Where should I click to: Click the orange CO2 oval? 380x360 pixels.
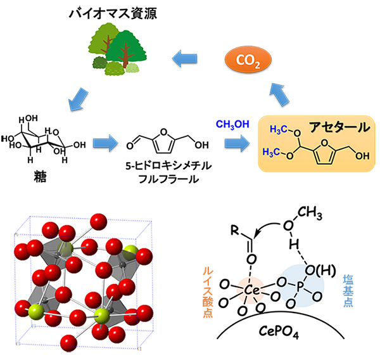(x=247, y=61)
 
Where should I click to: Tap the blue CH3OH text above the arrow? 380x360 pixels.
(x=234, y=122)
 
